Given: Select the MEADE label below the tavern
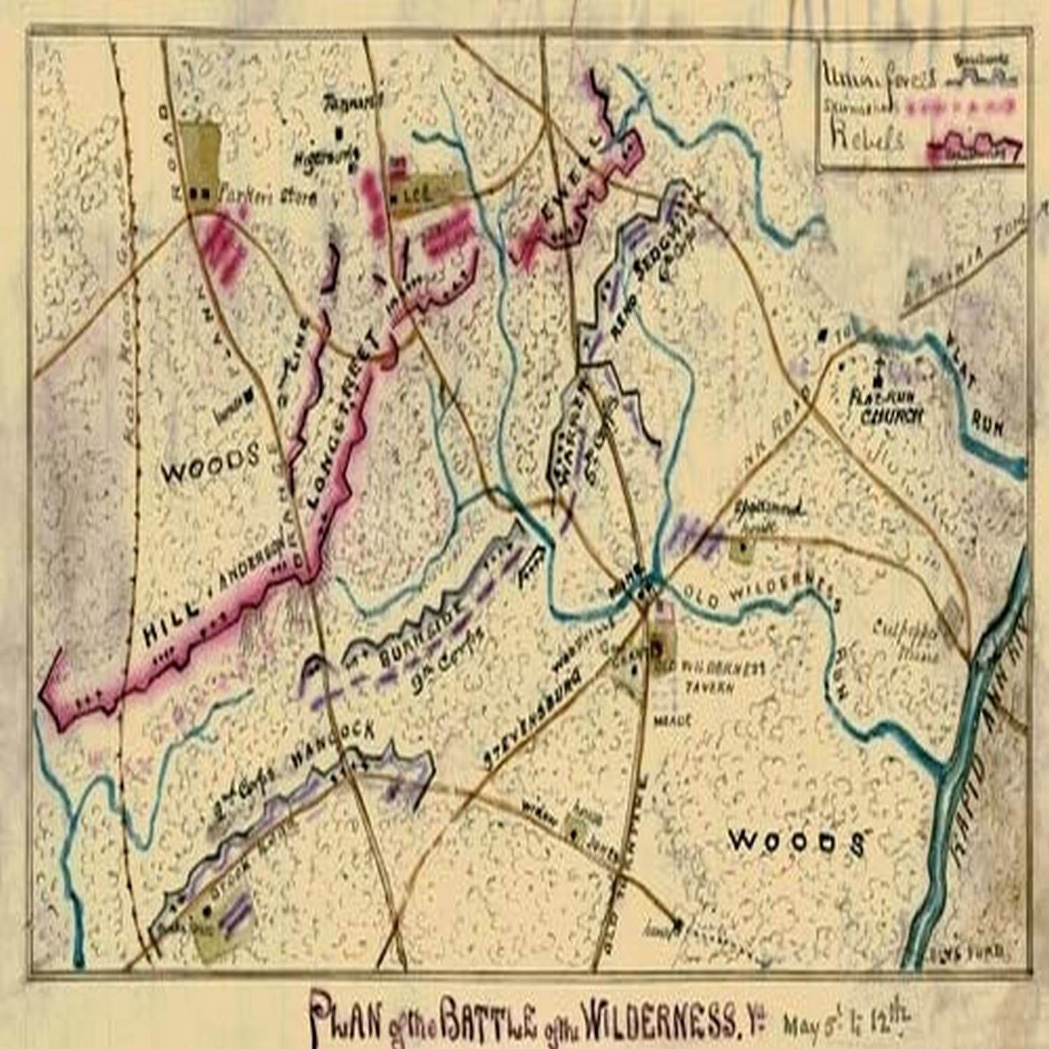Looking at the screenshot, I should click(x=672, y=719).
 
